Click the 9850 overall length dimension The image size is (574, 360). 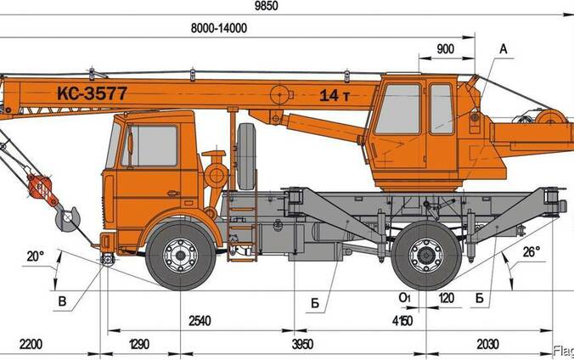[266, 6]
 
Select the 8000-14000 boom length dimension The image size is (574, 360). [219, 28]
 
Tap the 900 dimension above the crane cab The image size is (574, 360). [446, 49]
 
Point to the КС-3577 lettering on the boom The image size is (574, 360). [92, 93]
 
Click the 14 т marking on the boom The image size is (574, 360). [335, 96]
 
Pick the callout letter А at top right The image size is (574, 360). [504, 48]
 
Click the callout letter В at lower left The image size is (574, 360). [62, 301]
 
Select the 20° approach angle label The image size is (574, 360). [36, 256]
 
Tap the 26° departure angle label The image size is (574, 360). [532, 252]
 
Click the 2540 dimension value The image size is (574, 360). [200, 321]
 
